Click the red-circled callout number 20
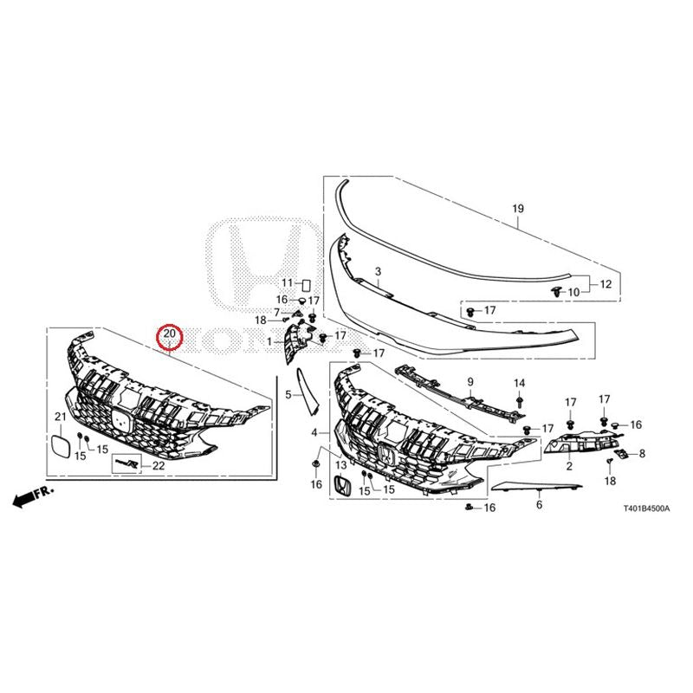pos(170,334)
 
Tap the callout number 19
pos(518,208)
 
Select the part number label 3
pos(378,271)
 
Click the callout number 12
pos(606,284)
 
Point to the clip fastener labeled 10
pos(556,291)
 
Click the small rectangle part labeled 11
pos(306,284)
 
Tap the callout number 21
pos(60,417)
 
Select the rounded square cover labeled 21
pos(61,445)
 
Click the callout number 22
pos(159,465)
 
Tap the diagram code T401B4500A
pos(646,508)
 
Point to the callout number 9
pos(470,381)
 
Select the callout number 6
pos(539,504)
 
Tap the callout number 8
pos(642,453)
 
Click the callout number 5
pos(288,394)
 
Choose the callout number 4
pos(314,432)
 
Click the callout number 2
pos(569,465)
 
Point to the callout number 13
pos(341,465)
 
